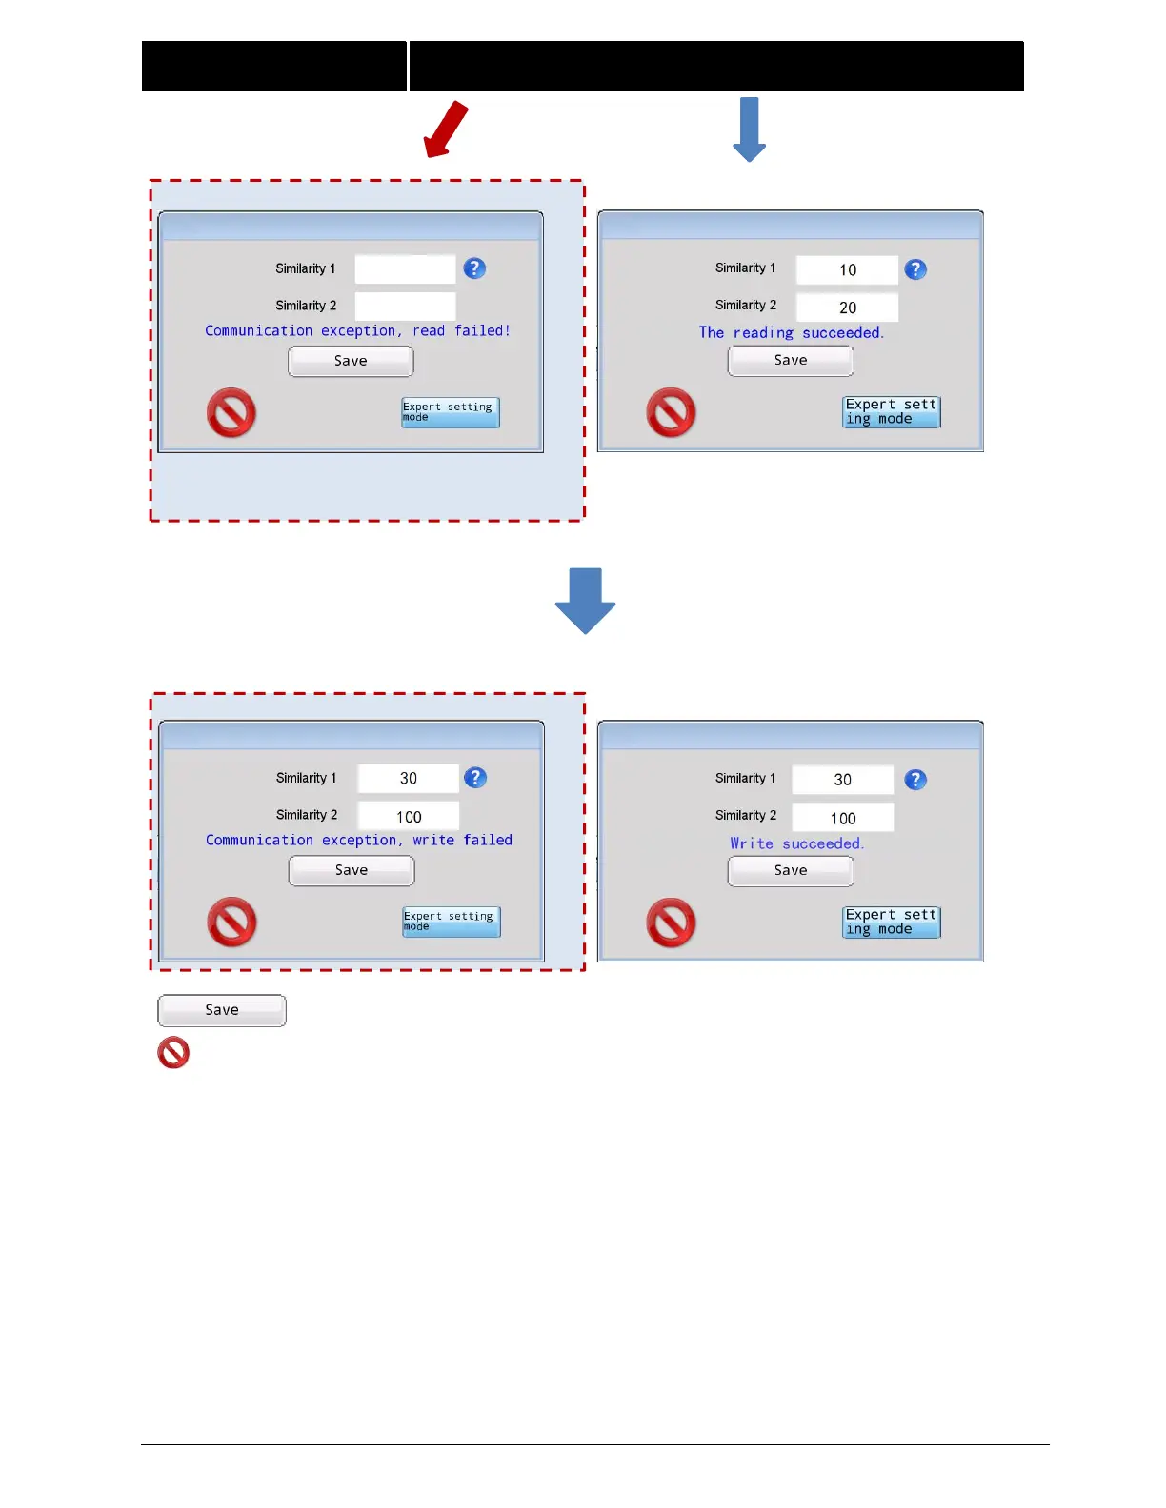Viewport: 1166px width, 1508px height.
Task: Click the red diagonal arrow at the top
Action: [x=446, y=129]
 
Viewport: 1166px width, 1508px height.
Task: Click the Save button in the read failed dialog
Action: [x=351, y=361]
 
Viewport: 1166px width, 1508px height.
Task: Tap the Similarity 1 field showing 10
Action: [x=847, y=269]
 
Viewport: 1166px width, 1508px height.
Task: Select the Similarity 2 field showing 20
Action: [x=847, y=308]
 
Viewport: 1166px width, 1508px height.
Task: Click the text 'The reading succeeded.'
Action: [x=791, y=332]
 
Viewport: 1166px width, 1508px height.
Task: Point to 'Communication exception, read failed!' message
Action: [x=357, y=330]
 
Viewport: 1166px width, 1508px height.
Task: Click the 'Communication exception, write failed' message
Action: [x=358, y=840]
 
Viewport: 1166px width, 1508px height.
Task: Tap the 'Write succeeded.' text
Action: [x=796, y=843]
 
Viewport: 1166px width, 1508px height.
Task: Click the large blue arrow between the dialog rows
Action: [x=585, y=601]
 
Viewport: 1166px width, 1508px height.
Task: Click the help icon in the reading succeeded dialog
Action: [x=915, y=269]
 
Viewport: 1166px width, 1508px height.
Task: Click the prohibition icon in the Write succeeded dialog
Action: [x=671, y=923]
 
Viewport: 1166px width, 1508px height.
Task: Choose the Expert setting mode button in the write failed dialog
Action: [x=452, y=922]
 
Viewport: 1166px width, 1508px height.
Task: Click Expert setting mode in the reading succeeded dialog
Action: [x=892, y=412]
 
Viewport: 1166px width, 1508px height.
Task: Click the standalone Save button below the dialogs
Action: [x=222, y=1010]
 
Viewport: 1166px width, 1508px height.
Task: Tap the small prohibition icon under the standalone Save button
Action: [x=173, y=1053]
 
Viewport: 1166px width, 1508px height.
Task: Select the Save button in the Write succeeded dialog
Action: [x=791, y=870]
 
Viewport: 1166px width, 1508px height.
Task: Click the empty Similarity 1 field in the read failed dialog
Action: [x=405, y=268]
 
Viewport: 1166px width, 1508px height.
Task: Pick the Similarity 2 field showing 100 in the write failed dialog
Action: [x=409, y=816]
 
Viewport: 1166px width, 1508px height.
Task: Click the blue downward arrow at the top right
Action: [x=750, y=129]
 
